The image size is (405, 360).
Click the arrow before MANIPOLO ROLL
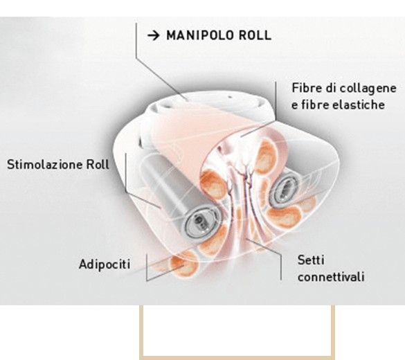coord(154,35)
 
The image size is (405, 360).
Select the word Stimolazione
coord(44,165)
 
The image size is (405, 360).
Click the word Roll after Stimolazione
coord(98,165)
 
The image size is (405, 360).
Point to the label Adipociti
coord(105,264)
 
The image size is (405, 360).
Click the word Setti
coord(311,260)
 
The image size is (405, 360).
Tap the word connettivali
coord(331,277)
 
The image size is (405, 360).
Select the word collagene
coord(368,89)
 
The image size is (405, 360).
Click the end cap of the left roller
coord(201,222)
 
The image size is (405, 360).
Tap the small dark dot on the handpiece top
coord(230,98)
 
